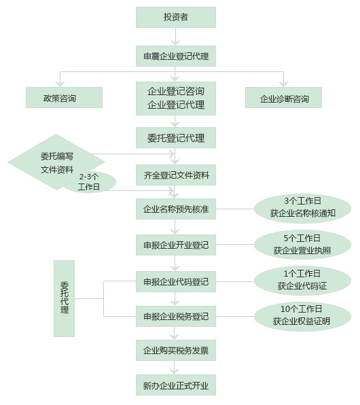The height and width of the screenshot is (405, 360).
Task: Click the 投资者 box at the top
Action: tap(176, 17)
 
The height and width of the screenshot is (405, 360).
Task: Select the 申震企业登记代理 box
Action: tap(176, 56)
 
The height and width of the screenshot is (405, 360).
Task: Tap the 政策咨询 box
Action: tap(64, 97)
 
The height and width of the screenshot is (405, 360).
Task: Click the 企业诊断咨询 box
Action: tap(283, 97)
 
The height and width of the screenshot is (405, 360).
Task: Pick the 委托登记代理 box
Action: tap(176, 137)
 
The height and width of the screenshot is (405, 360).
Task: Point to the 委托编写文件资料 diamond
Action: tap(56, 162)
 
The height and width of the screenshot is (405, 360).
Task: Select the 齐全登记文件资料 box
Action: tap(176, 175)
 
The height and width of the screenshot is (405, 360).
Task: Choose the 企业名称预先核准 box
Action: tap(176, 209)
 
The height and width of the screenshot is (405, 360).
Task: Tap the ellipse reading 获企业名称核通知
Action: tap(302, 209)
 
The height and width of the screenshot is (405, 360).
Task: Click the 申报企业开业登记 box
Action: tap(176, 245)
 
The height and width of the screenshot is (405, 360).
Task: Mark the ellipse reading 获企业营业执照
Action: tap(302, 245)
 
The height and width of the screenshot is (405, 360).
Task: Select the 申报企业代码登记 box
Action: tap(176, 281)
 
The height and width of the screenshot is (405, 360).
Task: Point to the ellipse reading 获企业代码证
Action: tap(302, 281)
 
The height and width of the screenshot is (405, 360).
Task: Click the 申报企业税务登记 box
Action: tap(176, 316)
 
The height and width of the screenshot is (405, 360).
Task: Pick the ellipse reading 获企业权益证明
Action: tap(302, 316)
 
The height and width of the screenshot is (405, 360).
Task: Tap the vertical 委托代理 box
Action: tap(64, 298)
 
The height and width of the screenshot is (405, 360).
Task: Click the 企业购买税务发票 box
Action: tap(176, 350)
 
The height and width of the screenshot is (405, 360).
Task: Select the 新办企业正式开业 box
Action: tap(176, 385)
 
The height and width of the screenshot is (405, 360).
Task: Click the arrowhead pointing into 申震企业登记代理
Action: tap(176, 42)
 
